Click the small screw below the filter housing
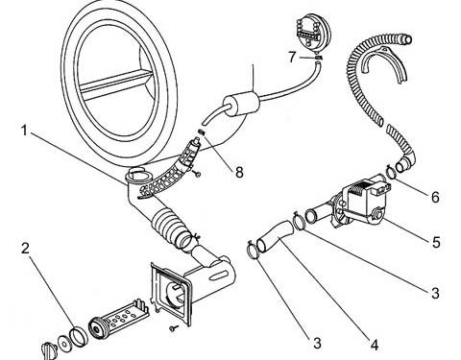click(x=173, y=328)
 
